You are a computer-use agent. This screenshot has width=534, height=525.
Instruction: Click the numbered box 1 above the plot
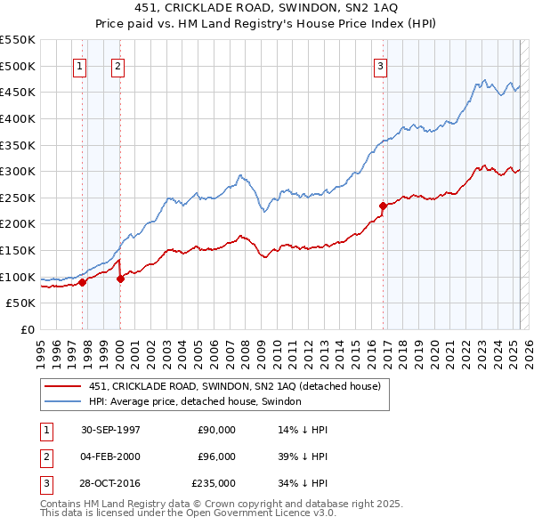[x=80, y=66]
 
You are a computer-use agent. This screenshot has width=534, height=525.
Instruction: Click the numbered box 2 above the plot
[x=117, y=66]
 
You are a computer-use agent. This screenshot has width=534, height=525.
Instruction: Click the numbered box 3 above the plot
[x=380, y=66]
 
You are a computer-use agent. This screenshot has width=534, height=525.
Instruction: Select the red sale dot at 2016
[x=383, y=206]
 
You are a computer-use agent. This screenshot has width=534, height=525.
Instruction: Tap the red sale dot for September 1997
[x=83, y=282]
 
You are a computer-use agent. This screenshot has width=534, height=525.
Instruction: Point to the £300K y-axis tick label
[x=18, y=171]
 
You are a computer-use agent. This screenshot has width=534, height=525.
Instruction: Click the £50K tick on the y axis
[x=21, y=303]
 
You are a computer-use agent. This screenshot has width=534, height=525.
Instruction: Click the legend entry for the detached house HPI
[x=195, y=401]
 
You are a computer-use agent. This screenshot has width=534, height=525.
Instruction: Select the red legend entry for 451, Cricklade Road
[x=235, y=386]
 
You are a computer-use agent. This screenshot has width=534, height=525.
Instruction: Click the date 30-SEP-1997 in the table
[x=110, y=430]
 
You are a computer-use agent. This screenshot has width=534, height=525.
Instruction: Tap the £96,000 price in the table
[x=217, y=456]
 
